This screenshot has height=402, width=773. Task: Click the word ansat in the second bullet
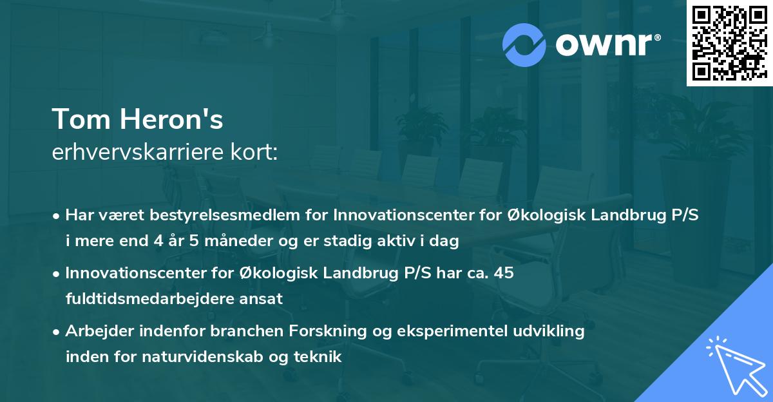264,299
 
